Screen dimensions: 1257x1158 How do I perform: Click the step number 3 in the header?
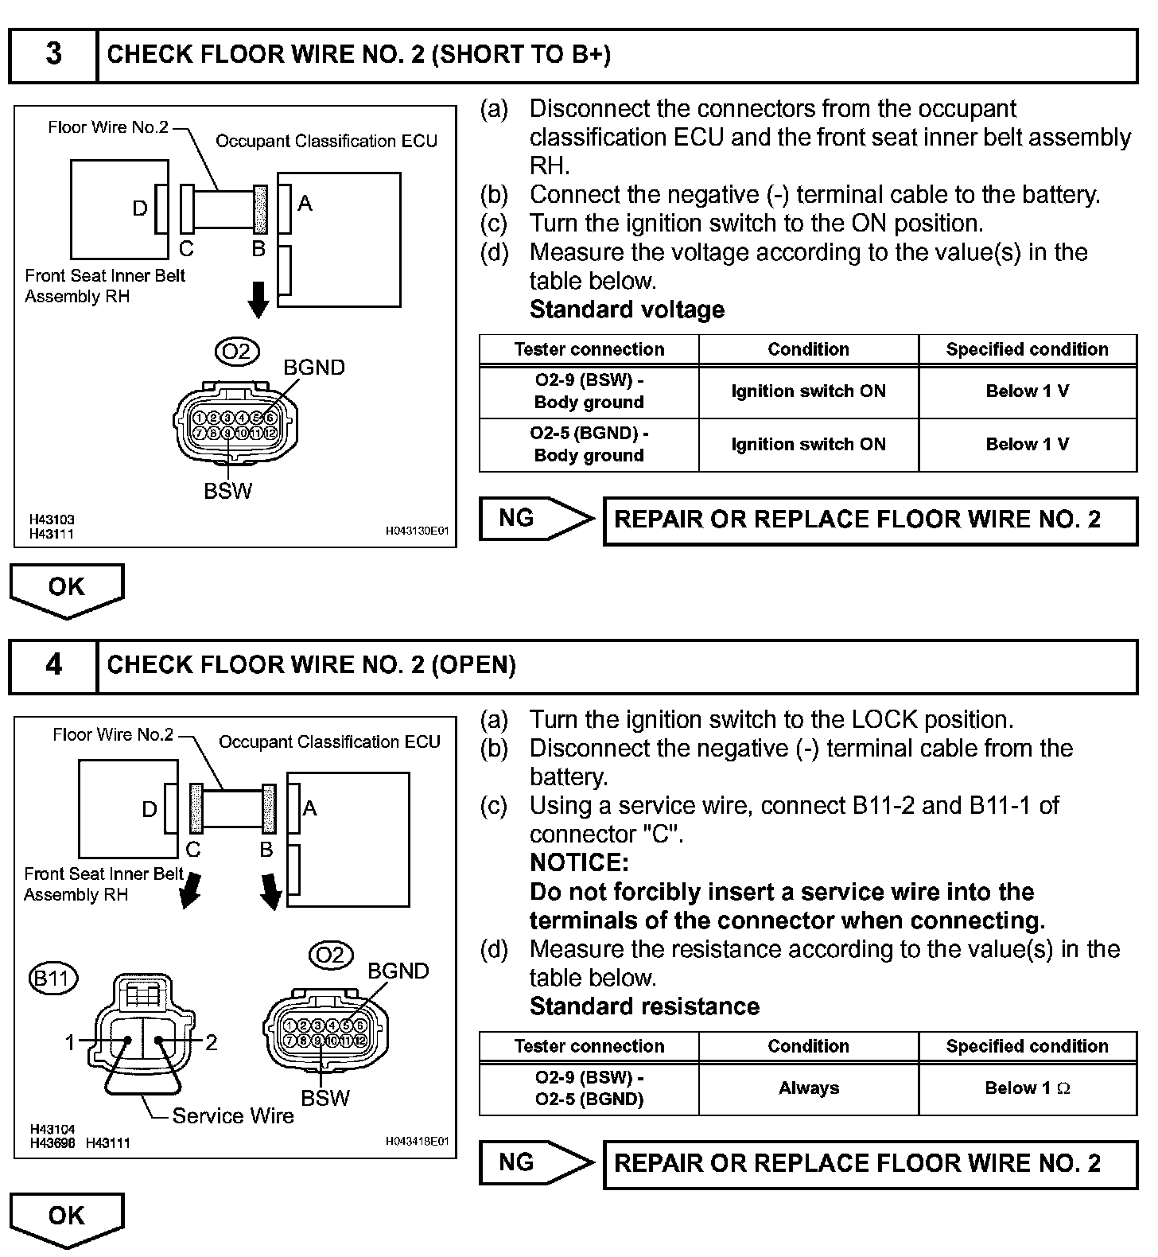coord(53,54)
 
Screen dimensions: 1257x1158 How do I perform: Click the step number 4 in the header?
coord(53,664)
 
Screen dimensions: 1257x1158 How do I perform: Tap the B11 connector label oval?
coord(53,977)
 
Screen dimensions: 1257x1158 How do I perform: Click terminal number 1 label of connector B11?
coord(70,1042)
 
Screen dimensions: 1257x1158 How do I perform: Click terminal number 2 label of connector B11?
coord(211,1042)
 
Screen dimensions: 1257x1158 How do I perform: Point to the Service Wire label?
coord(233,1115)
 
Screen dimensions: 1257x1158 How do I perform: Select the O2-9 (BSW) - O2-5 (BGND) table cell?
coord(589,1088)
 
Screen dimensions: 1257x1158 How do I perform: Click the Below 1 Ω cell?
coord(1027,1088)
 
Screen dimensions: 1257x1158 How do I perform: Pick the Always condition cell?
coord(808,1088)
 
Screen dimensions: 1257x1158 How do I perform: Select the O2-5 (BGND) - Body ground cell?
coord(589,444)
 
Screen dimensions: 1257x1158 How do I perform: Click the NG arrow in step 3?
coord(536,519)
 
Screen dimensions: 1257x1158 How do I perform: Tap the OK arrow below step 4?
coord(67,1217)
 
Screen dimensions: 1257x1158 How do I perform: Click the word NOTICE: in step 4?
coord(579,863)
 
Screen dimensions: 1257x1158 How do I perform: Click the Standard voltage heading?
coord(627,309)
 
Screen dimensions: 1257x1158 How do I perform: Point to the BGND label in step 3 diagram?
coord(314,368)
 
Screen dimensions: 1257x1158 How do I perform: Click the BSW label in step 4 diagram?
coord(325,1098)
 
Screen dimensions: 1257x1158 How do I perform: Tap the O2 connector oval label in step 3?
coord(236,351)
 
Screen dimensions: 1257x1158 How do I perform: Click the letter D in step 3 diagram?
coord(140,208)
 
